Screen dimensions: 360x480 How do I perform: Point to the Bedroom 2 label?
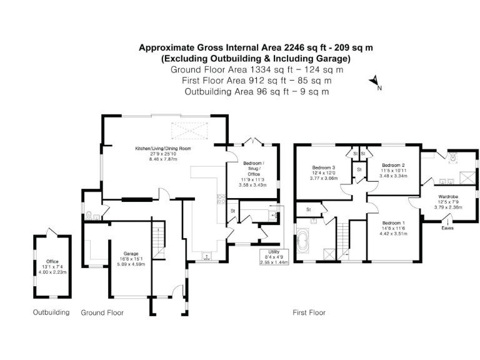click(394, 166)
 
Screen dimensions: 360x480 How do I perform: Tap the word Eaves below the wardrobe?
click(447, 228)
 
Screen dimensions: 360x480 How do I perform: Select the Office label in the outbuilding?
click(52, 261)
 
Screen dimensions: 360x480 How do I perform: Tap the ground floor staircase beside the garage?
click(159, 236)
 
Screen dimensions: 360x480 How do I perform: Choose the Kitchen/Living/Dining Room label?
click(163, 148)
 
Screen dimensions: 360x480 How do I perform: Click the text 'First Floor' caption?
click(309, 312)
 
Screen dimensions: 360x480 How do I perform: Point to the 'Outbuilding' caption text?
click(51, 312)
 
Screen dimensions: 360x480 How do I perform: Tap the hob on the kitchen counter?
click(220, 200)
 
